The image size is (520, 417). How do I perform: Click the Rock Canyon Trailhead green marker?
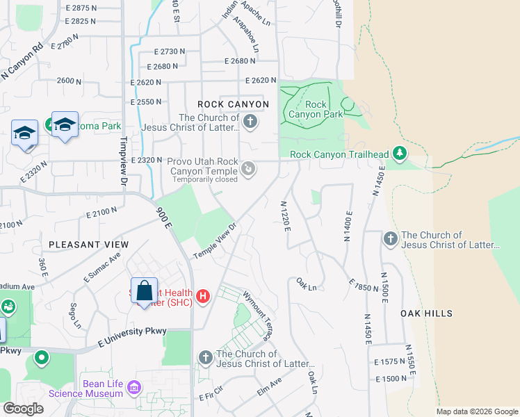tap(399, 152)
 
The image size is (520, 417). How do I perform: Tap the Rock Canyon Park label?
tap(316, 109)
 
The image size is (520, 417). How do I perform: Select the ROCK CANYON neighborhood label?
tap(233, 104)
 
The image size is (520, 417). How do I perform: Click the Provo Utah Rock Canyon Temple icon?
tap(248, 168)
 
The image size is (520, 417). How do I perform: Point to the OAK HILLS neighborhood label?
tap(427, 313)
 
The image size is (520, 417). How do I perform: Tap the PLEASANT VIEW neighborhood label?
tap(88, 245)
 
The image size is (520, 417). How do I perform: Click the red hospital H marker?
tap(203, 297)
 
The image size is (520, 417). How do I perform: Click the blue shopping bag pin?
tap(144, 291)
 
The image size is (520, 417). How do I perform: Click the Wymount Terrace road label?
tap(257, 315)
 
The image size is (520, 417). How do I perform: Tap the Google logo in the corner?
tap(24, 409)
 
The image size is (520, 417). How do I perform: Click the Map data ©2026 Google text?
tap(477, 411)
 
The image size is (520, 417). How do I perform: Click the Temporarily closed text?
tap(206, 179)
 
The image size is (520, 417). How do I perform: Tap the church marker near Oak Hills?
tap(390, 239)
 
